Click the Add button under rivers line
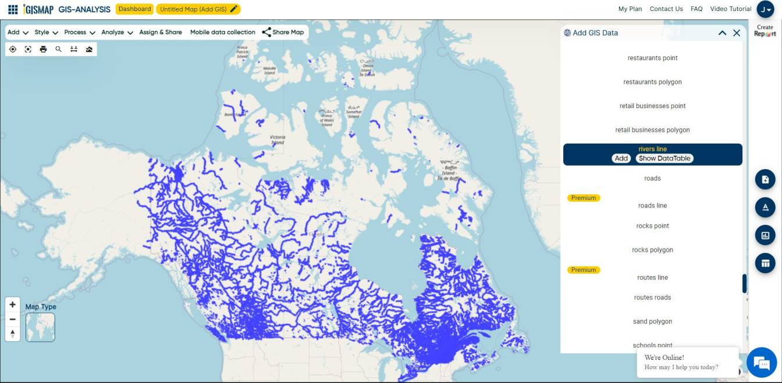pyautogui.click(x=621, y=158)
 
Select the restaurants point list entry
pyautogui.click(x=652, y=58)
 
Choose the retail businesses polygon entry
pyautogui.click(x=652, y=130)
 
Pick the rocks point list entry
pyautogui.click(x=652, y=226)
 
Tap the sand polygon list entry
pyautogui.click(x=652, y=321)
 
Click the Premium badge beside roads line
pyautogui.click(x=584, y=198)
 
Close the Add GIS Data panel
pyautogui.click(x=737, y=33)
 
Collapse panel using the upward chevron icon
pyautogui.click(x=722, y=33)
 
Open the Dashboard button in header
pyautogui.click(x=135, y=9)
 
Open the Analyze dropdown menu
pyautogui.click(x=117, y=33)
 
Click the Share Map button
pyautogui.click(x=283, y=33)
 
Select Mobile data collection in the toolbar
pyautogui.click(x=222, y=33)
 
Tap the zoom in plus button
pyautogui.click(x=13, y=305)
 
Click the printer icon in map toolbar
pyautogui.click(x=43, y=49)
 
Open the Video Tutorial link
pyautogui.click(x=731, y=9)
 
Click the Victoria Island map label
pyautogui.click(x=278, y=140)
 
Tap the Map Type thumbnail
pyautogui.click(x=40, y=327)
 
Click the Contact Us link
pyautogui.click(x=666, y=9)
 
